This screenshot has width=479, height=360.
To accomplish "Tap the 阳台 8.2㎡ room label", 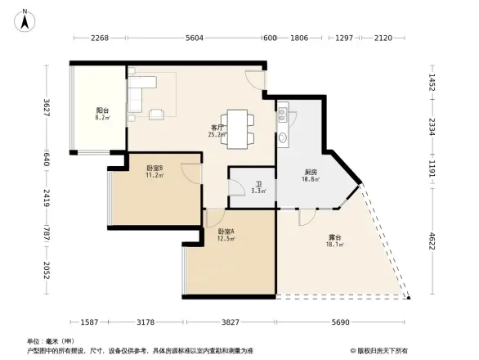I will tap(102, 114).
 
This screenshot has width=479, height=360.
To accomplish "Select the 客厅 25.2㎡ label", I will tap(218, 131).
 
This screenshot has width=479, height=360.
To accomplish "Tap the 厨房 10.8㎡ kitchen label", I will tap(311, 176).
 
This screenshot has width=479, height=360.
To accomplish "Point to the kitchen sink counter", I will tap(284, 124).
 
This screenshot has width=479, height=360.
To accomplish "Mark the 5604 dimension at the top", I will tap(195, 38).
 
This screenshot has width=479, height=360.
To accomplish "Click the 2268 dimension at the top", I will tap(100, 38).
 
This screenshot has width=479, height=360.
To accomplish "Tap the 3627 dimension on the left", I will tap(47, 107).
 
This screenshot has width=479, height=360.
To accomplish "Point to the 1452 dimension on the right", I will tap(432, 83).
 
